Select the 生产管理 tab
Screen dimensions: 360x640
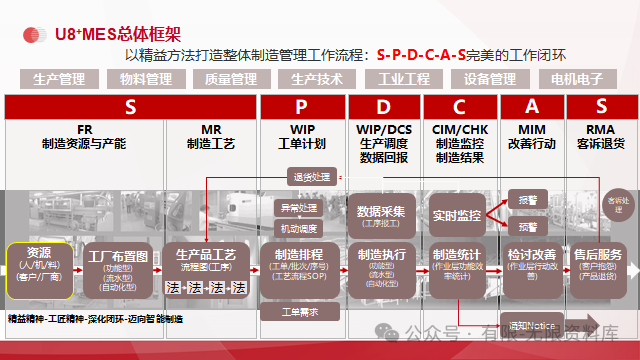pyautogui.click(x=59, y=78)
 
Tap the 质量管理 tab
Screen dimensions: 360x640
pyautogui.click(x=231, y=78)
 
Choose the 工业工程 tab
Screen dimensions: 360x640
pyautogui.click(x=403, y=78)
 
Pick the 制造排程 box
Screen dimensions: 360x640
pyautogui.click(x=300, y=263)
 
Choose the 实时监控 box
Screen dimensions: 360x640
pyautogui.click(x=458, y=215)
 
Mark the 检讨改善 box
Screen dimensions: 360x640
pyautogui.click(x=531, y=263)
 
